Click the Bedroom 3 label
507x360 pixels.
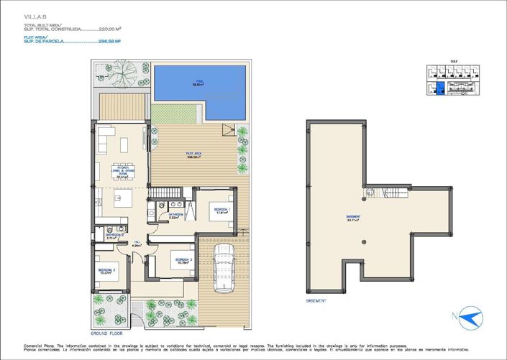click(106, 272)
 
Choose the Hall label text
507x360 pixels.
click(137, 245)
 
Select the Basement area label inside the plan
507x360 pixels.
click(352, 218)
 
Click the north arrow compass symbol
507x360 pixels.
click(472, 318)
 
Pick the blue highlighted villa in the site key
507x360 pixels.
click(440, 88)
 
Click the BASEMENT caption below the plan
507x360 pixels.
click(317, 300)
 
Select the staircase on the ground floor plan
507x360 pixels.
click(167, 193)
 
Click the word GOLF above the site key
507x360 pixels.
click(452, 63)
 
